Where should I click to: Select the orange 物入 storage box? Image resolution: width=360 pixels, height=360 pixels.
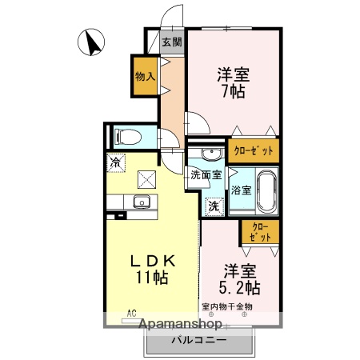click(145, 77)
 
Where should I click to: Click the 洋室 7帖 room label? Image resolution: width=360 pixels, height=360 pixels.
click(233, 83)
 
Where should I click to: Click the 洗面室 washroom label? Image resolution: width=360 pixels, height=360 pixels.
click(206, 174)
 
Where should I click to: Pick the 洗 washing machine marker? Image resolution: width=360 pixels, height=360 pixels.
click(214, 206)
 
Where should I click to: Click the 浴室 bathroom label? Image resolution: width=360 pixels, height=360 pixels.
click(242, 190)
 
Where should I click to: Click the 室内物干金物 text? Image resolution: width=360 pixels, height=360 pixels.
click(226, 306)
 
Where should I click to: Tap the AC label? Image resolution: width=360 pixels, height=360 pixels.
click(131, 314)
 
